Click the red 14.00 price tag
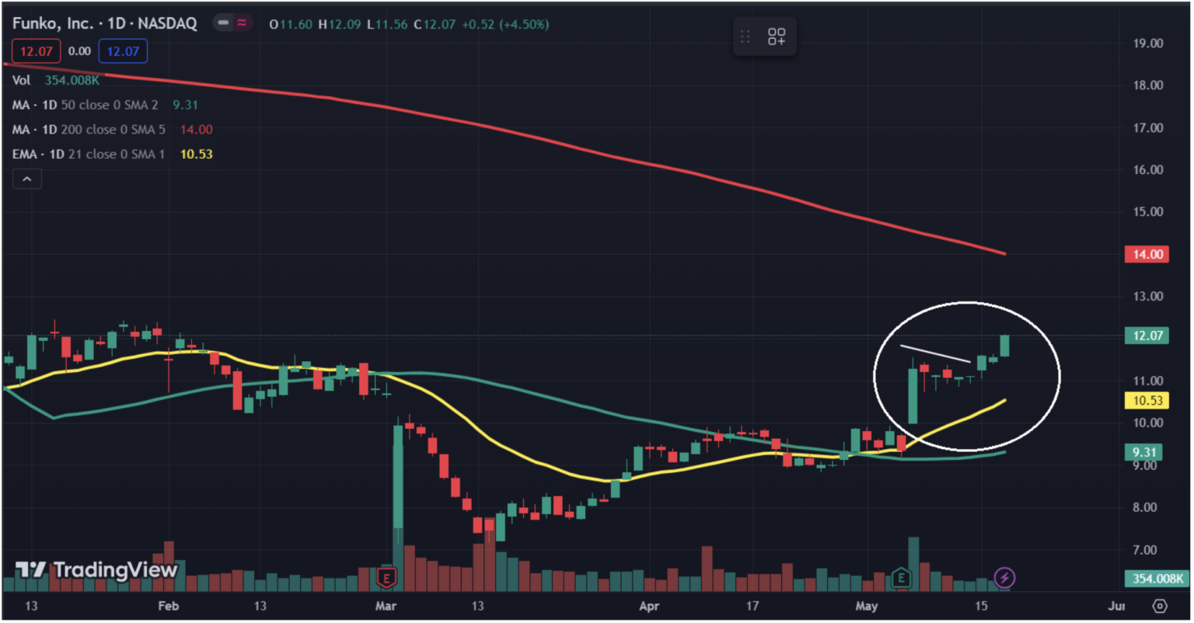(x=1147, y=255)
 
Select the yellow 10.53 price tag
(x=1147, y=401)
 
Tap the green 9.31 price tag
(x=1143, y=452)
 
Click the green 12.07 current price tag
(x=1147, y=336)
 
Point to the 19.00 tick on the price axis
(x=1147, y=44)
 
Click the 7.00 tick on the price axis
(x=1147, y=550)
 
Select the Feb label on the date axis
(x=168, y=606)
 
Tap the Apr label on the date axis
(x=648, y=606)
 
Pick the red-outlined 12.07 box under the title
(x=37, y=52)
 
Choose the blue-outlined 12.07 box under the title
(x=123, y=52)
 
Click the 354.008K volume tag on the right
(x=1157, y=579)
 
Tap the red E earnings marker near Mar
(x=386, y=577)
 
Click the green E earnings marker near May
(x=901, y=577)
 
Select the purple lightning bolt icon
(x=1005, y=578)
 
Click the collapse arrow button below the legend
(x=27, y=179)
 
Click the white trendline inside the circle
(x=935, y=353)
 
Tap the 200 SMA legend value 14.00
(x=196, y=130)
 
